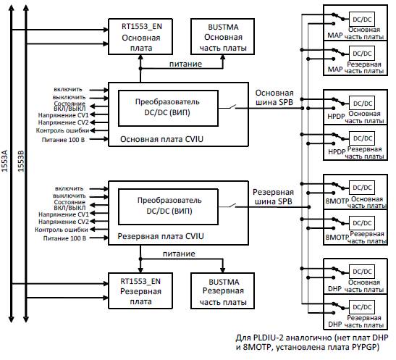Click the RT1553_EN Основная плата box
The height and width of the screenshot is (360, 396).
coord(140,37)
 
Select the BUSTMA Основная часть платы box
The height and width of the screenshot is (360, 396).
coord(222,37)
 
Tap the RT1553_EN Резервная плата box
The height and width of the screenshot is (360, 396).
coord(140,290)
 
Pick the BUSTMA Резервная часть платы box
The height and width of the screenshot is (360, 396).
coord(222,290)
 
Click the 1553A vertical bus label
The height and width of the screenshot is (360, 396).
coord(4,161)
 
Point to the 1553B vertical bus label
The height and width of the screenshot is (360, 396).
coord(21,161)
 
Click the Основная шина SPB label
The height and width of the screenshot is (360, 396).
coord(274,98)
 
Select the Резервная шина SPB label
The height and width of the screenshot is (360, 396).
coord(273,197)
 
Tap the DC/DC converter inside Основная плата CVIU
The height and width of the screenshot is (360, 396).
coord(168,109)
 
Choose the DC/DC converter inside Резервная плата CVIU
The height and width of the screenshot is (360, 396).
coord(168,207)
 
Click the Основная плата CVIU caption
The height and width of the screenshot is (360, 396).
coord(161,139)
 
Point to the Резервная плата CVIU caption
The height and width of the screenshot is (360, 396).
coord(161,236)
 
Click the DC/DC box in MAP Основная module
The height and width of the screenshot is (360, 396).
coord(362,20)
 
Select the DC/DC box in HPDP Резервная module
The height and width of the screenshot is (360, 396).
coord(362,138)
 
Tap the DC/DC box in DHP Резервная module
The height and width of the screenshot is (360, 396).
coord(362,307)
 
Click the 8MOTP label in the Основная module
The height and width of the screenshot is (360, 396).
coord(337,201)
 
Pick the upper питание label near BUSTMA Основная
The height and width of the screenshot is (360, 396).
coord(185,64)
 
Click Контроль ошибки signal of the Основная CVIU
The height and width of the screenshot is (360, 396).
coord(62,130)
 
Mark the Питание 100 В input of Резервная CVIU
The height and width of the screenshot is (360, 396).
coord(64,238)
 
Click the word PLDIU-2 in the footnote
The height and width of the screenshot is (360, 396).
coord(268,338)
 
